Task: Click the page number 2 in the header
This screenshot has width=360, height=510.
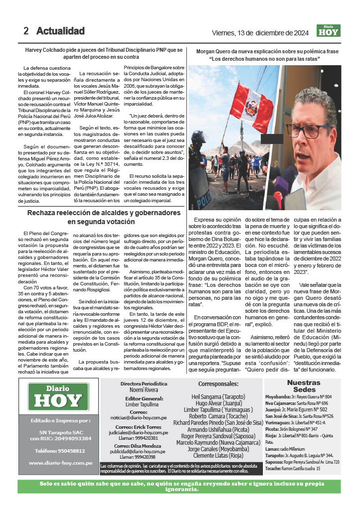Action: pyautogui.click(x=26, y=31)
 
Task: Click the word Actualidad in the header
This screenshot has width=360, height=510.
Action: pyautogui.click(x=60, y=31)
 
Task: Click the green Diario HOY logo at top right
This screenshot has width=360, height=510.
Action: pyautogui.click(x=328, y=31)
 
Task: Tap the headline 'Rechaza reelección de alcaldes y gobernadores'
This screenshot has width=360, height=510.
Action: pyautogui.click(x=104, y=217)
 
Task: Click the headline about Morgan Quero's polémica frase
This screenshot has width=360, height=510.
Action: pyautogui.click(x=267, y=55)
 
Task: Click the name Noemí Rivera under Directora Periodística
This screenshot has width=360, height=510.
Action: pyautogui.click(x=143, y=390)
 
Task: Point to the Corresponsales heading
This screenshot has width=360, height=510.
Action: pyautogui.click(x=218, y=384)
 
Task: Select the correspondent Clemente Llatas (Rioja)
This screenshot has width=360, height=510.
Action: pyautogui.click(x=218, y=456)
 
